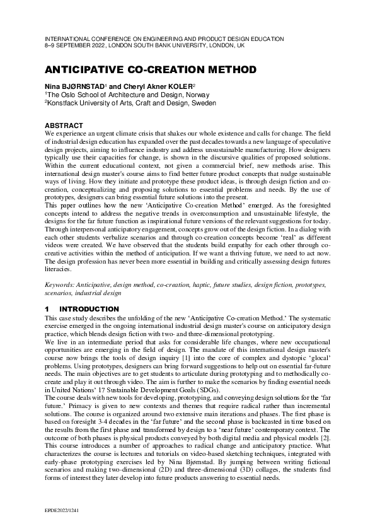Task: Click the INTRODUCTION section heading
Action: tap(89, 309)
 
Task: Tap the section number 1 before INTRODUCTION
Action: tap(47, 309)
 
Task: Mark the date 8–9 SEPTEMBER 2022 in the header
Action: tap(76, 46)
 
